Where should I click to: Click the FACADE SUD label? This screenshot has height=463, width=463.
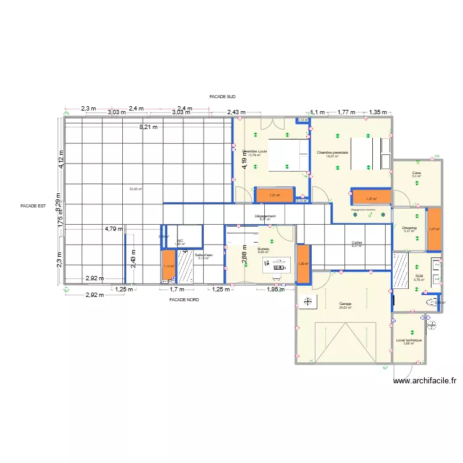point(222,97)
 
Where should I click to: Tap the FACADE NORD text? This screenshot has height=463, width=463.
point(184,299)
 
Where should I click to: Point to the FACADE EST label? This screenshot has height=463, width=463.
point(33,206)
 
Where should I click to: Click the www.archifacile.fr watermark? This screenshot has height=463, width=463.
point(427,382)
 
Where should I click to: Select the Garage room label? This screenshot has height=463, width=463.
point(344,304)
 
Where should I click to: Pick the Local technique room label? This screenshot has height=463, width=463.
point(409,340)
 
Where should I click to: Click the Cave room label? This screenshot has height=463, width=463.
point(417,172)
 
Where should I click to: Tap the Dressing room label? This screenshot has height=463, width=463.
point(409,228)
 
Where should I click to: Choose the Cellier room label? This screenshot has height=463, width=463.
point(357,243)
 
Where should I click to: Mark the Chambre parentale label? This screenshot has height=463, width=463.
point(332,152)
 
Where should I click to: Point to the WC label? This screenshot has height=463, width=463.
point(180,241)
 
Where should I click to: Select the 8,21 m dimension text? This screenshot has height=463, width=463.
point(148,127)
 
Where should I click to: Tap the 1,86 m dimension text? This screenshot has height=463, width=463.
point(276,290)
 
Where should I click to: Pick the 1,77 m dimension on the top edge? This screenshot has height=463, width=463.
point(347,112)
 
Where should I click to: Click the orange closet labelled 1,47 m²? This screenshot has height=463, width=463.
point(433,229)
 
